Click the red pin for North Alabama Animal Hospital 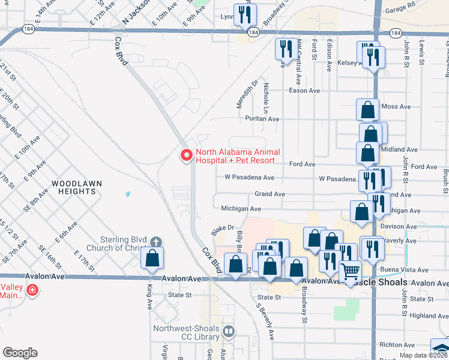coord(187,155)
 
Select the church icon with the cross coord(156,242)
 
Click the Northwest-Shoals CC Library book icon coord(229,331)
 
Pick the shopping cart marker coord(351,272)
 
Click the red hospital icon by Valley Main coord(32,291)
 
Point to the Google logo coord(20,353)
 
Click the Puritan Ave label coord(262,119)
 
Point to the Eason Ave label coord(304,91)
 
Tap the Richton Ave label coord(397,345)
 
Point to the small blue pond coord(127,194)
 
